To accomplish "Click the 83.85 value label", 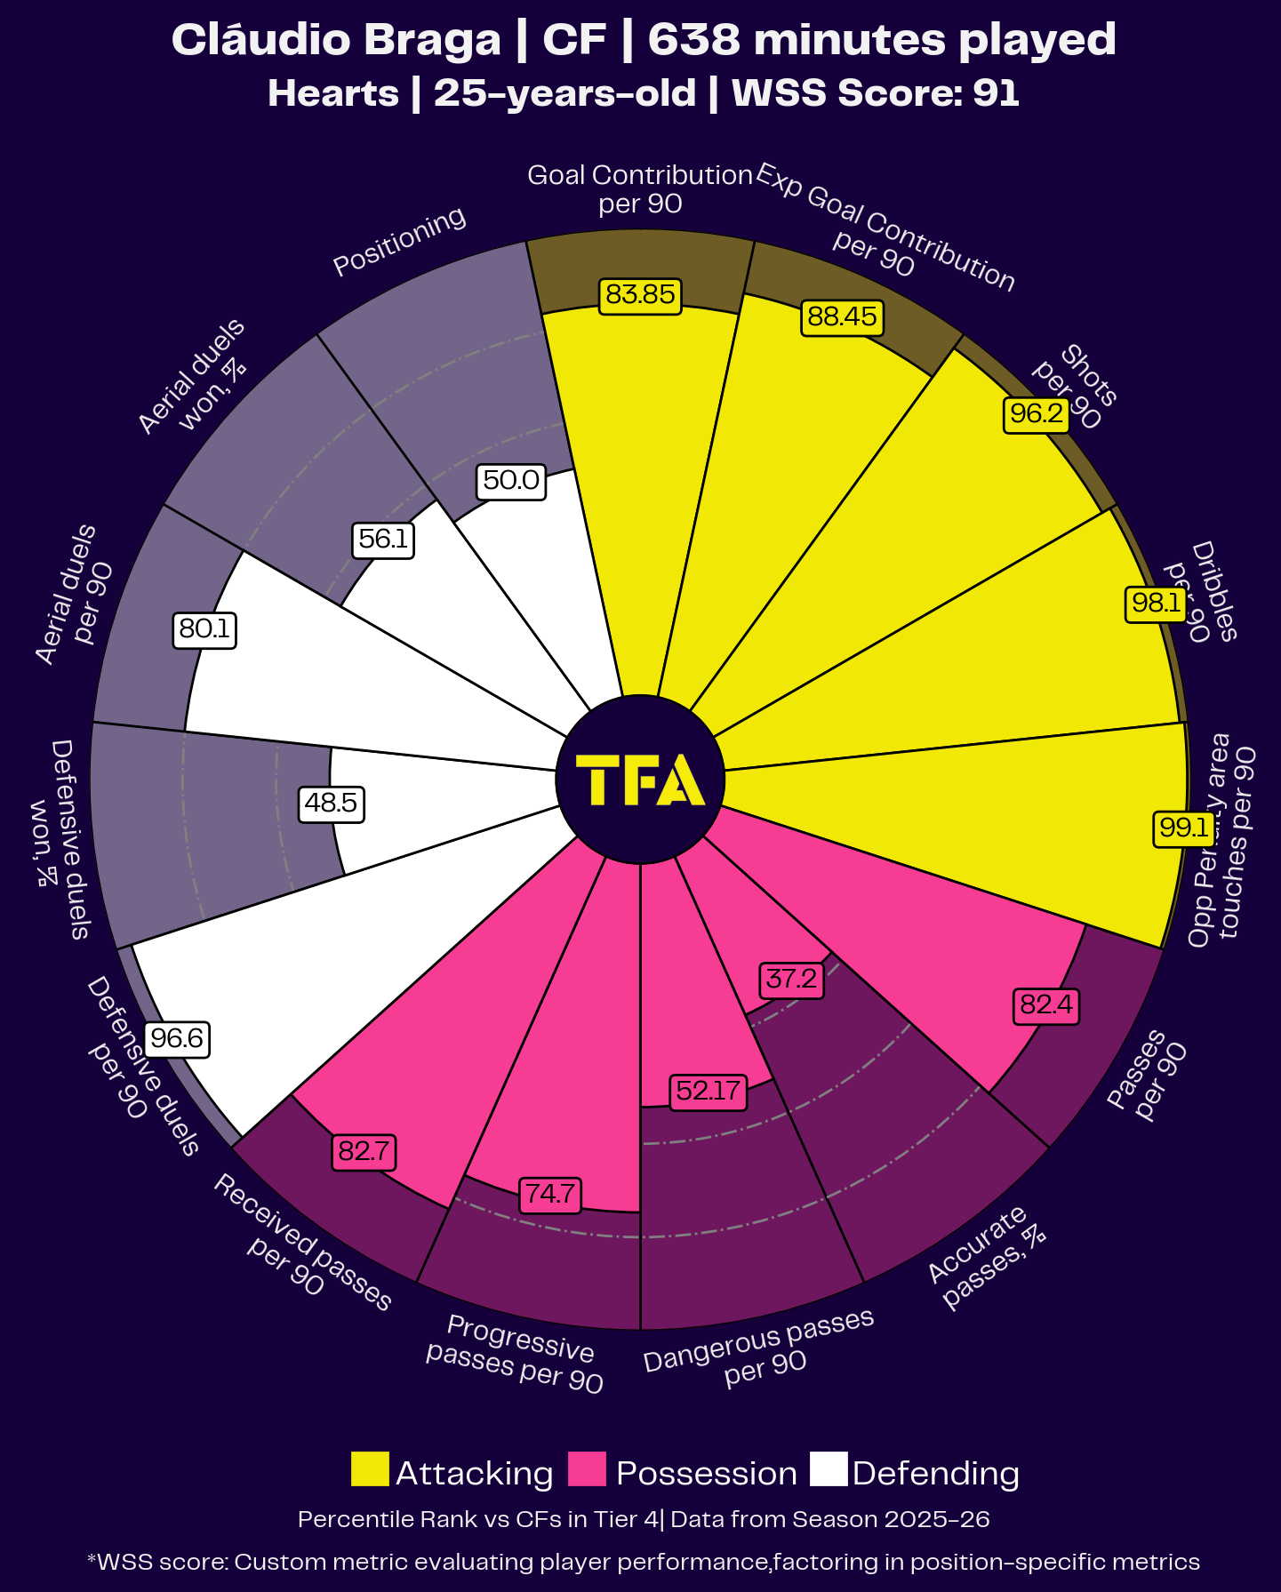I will click(640, 294).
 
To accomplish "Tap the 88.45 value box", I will click(842, 316).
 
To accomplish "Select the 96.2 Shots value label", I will click(1037, 413).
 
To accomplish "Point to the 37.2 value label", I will click(791, 980).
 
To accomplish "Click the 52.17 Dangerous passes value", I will click(708, 1091).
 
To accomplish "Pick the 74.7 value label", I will click(550, 1194).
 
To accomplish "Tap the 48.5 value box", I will click(331, 804).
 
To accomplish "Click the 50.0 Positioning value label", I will click(511, 481).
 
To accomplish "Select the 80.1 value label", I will click(204, 629).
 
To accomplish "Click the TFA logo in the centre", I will click(640, 780).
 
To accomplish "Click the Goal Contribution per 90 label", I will click(640, 188).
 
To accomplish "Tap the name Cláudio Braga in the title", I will click(336, 40).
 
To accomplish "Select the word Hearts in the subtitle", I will click(333, 93).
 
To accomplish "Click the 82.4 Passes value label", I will click(1046, 1005).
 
